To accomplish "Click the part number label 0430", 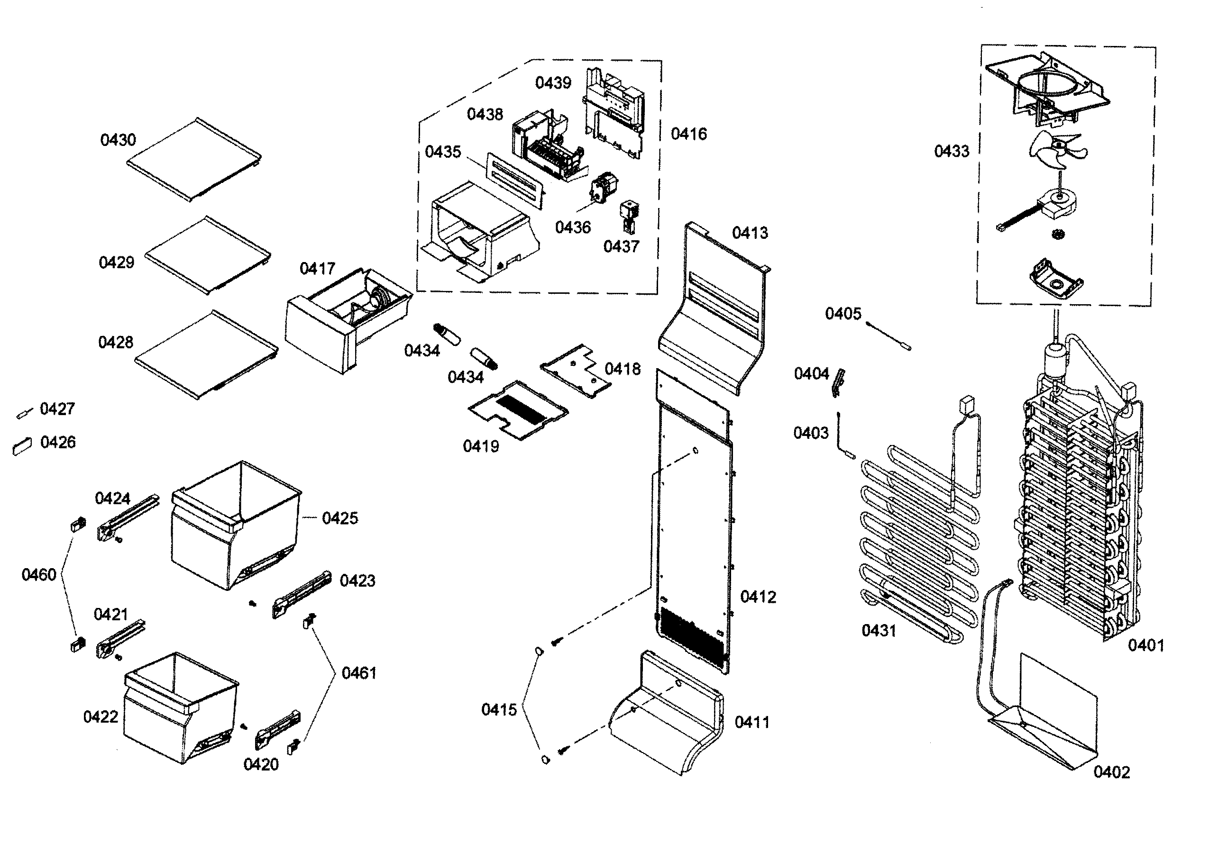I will pos(118,140).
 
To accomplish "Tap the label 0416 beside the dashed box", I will pos(689,134).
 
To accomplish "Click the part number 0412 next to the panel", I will pos(758,597).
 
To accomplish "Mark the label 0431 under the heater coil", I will pos(879,630).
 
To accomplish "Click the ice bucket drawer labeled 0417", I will pos(345,321).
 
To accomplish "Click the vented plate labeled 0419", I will pos(518,410).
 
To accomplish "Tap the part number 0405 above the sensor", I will pos(843,314).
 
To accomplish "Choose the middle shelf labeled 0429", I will pos(208,256).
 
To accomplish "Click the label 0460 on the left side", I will pos(38,575).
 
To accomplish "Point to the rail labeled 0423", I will pos(302,595).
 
